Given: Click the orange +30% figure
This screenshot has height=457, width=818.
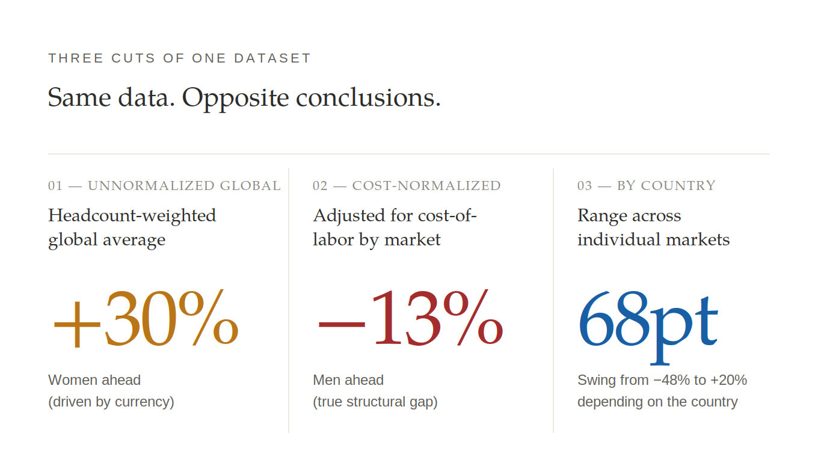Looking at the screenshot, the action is coord(146,317).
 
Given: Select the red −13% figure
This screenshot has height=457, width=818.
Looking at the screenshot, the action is coord(410,317).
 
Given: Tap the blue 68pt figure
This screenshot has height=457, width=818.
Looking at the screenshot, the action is coord(648,327).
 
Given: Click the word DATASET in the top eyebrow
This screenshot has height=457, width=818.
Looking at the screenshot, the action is coord(272,58).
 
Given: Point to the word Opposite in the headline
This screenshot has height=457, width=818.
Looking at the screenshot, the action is coord(236,98).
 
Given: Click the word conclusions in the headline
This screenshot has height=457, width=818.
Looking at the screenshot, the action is coord(368,97).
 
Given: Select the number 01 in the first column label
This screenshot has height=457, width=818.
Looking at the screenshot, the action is coord(55,186).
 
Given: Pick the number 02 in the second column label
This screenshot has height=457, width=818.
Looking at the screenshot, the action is coord(320,186).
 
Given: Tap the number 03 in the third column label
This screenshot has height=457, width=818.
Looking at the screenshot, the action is coord(585,186).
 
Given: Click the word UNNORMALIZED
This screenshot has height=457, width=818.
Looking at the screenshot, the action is coord(151,186).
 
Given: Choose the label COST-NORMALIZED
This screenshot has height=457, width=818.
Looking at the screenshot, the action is coord(426,186).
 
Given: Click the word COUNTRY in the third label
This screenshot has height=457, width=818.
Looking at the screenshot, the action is coord(678,186).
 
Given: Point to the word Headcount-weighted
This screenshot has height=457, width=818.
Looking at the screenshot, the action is coord(132,216).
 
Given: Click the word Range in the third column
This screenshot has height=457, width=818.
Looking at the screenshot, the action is coord(603,216).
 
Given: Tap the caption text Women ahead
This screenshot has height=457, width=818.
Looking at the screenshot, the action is coord(94,381).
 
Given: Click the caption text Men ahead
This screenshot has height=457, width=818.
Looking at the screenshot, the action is coord(348,381).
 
